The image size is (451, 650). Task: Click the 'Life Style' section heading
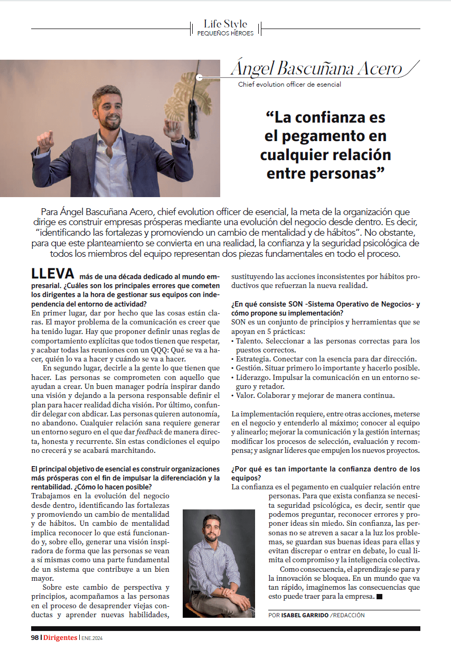coord(225,24)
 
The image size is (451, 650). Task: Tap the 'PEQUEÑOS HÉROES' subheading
coord(225,33)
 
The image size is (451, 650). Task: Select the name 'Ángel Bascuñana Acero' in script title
coord(316,69)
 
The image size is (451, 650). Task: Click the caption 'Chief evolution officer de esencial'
coord(289,84)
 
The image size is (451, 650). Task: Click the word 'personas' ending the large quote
coord(340,173)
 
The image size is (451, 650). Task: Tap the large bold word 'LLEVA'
coord(53,274)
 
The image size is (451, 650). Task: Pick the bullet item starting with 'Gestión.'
coord(325,368)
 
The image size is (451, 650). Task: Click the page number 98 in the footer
coord(35,637)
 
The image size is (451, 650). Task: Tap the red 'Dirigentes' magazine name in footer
coord(60,637)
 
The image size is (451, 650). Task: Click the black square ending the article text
coord(379,597)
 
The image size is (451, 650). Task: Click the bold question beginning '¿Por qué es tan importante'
coord(326,469)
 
